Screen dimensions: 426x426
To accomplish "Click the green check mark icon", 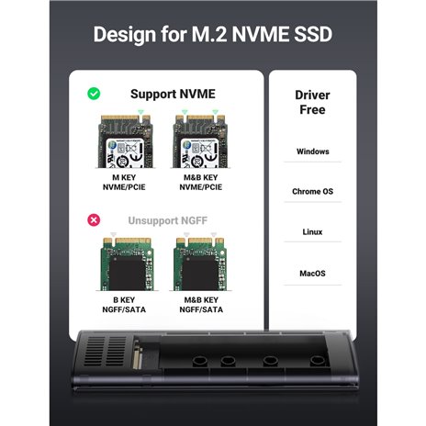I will (93, 94).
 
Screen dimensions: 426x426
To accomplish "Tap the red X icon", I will (93, 220).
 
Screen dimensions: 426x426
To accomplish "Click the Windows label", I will (312, 151).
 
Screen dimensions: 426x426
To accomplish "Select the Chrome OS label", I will (312, 192).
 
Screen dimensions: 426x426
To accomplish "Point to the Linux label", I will (312, 232).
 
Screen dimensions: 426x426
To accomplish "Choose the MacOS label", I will (312, 273).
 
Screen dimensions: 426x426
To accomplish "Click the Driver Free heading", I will (312, 103).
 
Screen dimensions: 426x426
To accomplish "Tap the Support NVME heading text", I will (173, 94).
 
